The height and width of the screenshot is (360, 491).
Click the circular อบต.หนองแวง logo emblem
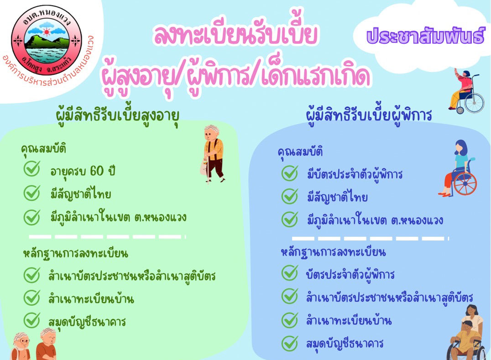click(47, 40)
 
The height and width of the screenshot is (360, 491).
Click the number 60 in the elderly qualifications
click(96, 171)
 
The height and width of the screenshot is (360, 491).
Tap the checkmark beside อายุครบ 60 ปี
click(32, 169)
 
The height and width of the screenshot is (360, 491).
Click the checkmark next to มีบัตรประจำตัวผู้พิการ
click(290, 173)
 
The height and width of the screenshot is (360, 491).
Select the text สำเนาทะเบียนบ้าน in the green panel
click(91, 299)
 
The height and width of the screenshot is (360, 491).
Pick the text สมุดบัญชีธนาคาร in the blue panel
click(345, 344)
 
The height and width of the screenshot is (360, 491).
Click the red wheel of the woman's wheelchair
click(465, 183)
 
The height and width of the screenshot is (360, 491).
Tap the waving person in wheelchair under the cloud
click(466, 91)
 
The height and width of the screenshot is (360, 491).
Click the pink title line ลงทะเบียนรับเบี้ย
click(235, 35)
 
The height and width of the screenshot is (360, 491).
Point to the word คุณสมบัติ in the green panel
click(43, 149)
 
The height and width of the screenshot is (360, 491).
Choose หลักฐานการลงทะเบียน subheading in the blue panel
click(333, 252)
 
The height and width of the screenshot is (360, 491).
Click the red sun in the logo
click(47, 32)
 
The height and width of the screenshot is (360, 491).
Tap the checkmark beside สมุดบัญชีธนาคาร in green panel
click(32, 320)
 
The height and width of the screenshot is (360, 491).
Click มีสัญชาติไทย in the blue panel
click(337, 198)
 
